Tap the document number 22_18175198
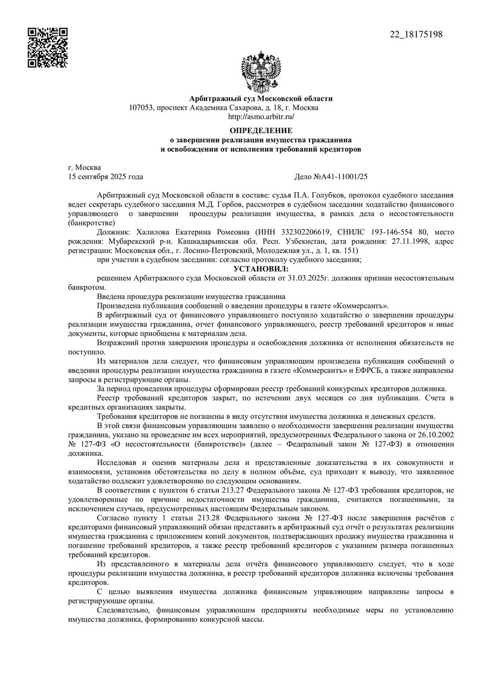(416, 34)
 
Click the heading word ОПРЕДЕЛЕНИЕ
(261, 130)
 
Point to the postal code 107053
(141, 108)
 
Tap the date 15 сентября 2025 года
(106, 177)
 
